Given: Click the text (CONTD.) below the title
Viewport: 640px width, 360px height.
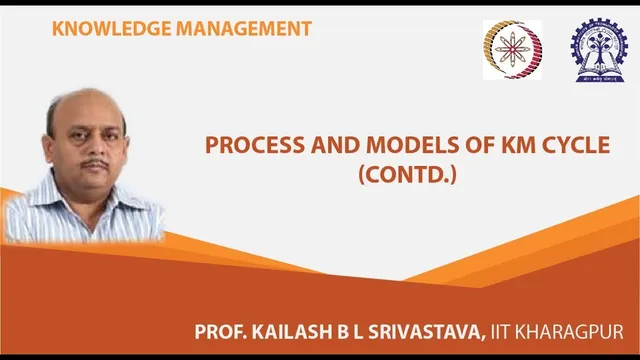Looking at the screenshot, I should [x=407, y=176].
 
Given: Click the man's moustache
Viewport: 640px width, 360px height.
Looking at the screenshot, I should [x=95, y=162].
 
